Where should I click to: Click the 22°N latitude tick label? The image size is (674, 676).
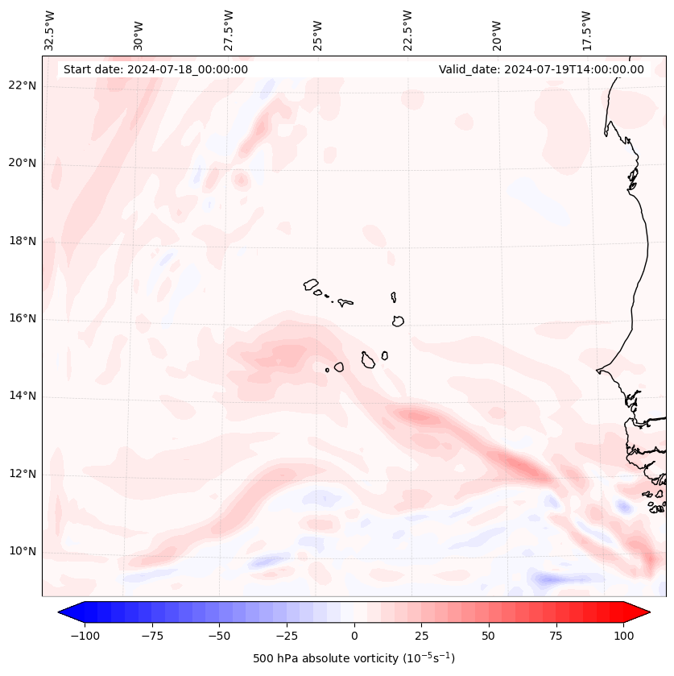coord(23,86)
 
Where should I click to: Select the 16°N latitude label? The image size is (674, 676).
coord(23,319)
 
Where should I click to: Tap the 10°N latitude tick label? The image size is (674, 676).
coord(23,552)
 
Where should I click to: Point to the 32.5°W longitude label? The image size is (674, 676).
coord(50,31)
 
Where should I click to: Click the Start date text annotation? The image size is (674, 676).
coord(155,69)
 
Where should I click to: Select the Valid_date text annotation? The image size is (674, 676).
coord(541,69)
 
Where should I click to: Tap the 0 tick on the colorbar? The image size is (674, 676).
coord(354,636)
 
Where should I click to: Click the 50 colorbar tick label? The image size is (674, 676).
coord(489,636)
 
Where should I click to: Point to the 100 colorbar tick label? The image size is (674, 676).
coord(623,636)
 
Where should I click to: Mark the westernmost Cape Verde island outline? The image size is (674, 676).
coord(311,284)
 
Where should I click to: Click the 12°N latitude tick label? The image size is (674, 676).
coord(23,474)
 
